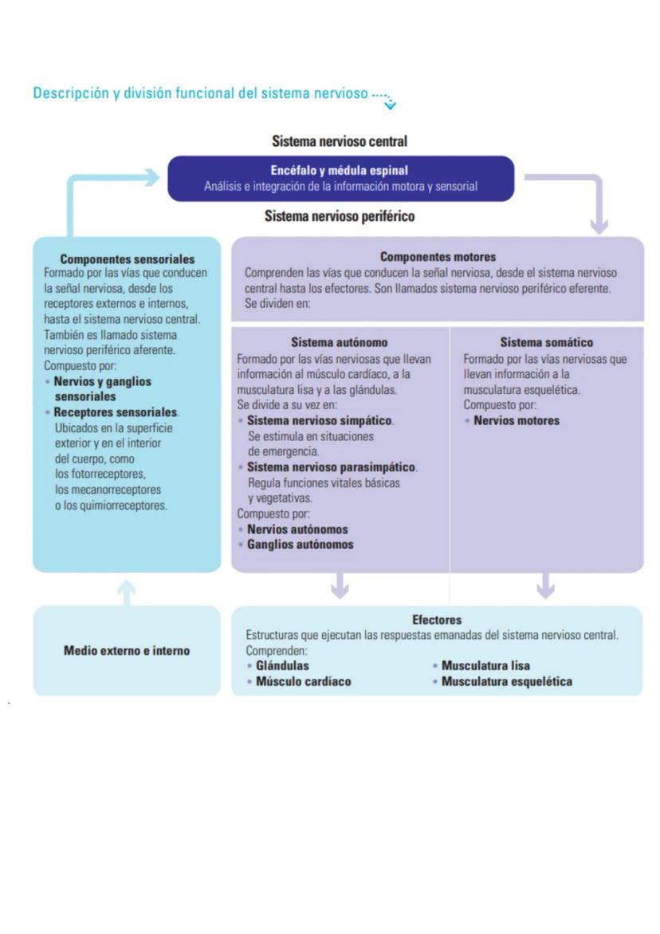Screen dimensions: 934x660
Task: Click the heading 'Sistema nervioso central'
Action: [x=340, y=141]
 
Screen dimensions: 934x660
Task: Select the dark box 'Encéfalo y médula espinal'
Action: [x=340, y=178]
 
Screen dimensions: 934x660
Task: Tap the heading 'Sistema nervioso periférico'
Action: [x=340, y=216]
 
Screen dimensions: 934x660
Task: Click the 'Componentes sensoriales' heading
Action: [x=128, y=259]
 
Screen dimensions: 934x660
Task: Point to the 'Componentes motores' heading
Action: [x=438, y=257]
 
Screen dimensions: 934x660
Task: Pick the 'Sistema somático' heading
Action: [x=547, y=343]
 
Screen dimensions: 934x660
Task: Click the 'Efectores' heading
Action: [x=437, y=620]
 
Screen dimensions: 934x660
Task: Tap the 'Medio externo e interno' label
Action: [x=127, y=651]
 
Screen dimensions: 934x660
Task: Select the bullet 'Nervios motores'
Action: [x=517, y=420]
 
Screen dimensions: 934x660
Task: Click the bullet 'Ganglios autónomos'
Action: [x=300, y=545]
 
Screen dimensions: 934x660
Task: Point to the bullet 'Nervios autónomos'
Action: [x=297, y=530]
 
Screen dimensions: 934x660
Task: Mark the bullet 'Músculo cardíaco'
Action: [x=303, y=682]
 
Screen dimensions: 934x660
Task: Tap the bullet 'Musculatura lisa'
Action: [x=485, y=666]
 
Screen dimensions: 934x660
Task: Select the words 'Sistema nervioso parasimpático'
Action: [x=332, y=467]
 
